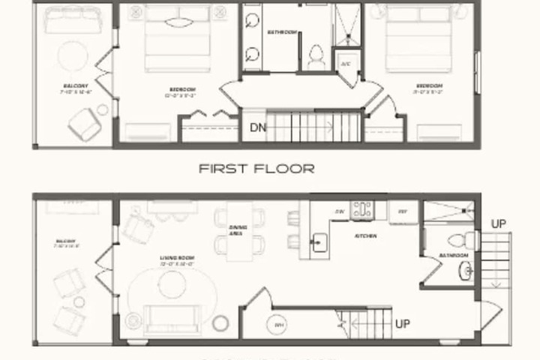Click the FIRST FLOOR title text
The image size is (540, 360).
[x=256, y=169]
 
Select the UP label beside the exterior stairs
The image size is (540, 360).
[x=498, y=223]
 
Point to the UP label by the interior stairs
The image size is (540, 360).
[x=402, y=324]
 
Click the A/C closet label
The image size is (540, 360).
[x=346, y=64]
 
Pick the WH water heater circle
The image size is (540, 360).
[x=278, y=325]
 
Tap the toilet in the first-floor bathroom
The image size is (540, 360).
[x=316, y=56]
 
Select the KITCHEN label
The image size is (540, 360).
[x=366, y=236]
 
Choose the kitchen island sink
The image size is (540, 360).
[x=318, y=241]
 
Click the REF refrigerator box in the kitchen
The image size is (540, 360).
[x=403, y=211]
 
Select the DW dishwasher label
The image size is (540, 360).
[x=339, y=211]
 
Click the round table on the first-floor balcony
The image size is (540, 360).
[x=73, y=55]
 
